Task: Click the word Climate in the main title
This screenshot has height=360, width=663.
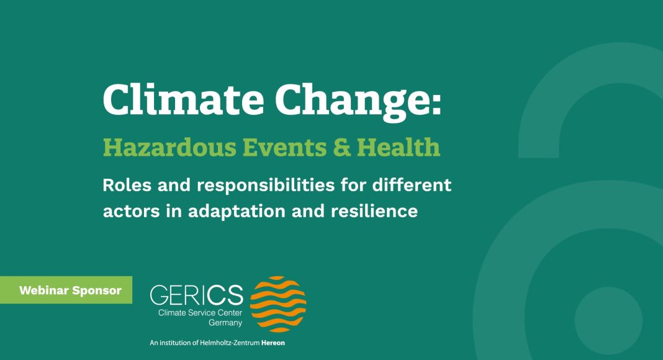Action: click(184, 100)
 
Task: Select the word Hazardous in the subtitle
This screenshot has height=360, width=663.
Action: click(169, 147)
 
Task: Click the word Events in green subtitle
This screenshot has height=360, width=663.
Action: click(284, 147)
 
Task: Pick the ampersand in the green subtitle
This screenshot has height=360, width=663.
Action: click(341, 147)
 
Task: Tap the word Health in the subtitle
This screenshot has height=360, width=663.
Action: click(399, 146)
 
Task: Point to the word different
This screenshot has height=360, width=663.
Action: click(412, 184)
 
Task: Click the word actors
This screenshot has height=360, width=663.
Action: click(131, 211)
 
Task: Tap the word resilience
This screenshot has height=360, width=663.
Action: click(374, 210)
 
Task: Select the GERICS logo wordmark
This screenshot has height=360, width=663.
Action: click(197, 294)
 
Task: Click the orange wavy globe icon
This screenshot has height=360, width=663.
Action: click(278, 304)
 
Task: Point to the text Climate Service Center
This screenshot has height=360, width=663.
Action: click(200, 313)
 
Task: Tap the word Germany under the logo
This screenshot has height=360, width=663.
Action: click(225, 323)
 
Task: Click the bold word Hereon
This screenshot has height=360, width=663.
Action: click(273, 343)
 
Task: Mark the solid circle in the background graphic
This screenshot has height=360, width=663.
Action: click(608, 321)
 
